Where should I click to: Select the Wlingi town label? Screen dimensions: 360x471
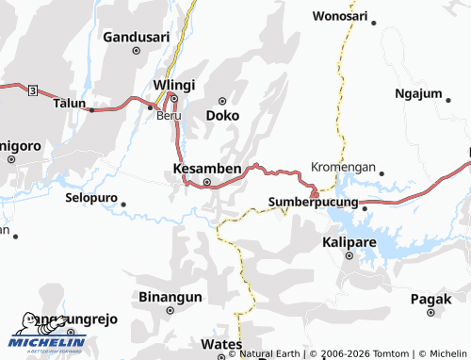(172, 84)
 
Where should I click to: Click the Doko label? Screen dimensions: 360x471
(222, 115)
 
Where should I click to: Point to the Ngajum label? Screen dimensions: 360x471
(418, 94)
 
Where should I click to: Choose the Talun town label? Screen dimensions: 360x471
(70, 103)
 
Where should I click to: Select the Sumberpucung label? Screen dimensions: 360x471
(313, 202)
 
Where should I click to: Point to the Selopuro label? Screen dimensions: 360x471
(91, 199)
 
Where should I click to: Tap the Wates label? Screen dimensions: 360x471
(220, 345)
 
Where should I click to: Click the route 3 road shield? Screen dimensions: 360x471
(33, 90)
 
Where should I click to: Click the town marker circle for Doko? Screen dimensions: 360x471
(223, 101)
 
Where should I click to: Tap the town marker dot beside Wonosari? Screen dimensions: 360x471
(374, 23)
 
